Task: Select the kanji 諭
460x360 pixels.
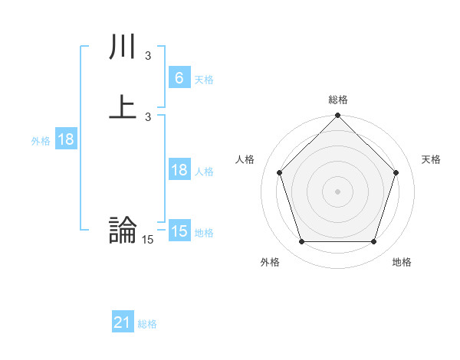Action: coord(123,231)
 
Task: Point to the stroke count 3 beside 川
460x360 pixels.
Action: coord(147,56)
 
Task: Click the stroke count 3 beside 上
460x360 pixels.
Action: coord(147,116)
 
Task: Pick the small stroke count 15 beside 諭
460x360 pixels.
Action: coord(147,240)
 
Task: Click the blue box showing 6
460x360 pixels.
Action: coord(179,78)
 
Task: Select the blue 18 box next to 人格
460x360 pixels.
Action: coord(179,170)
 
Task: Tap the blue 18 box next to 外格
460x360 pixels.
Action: coord(66,139)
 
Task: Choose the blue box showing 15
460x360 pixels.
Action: coord(179,231)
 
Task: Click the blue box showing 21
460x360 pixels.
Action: coord(123,322)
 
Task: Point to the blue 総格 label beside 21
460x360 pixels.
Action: coord(147,324)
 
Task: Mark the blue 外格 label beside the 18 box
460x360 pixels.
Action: coord(41,141)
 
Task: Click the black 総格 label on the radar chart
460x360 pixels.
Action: coord(338,100)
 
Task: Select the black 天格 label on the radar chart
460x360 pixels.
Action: coord(432,159)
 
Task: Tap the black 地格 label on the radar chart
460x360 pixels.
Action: coord(402,262)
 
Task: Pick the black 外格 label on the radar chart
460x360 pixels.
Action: coord(270,262)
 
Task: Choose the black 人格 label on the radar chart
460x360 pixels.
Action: coord(245,159)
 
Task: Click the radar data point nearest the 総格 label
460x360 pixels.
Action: coord(337,116)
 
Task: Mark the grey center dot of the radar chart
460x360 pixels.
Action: coord(337,191)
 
